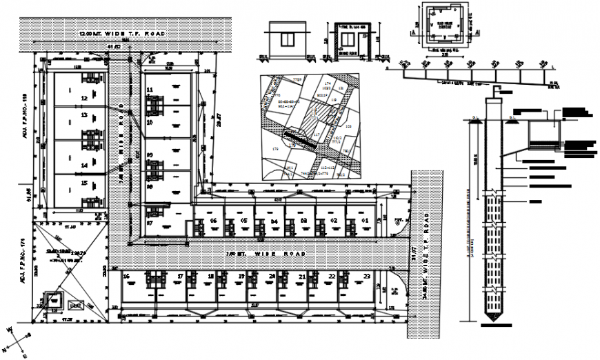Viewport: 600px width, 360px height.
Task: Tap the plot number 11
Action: click(150, 90)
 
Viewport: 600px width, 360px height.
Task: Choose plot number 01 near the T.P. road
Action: click(366, 221)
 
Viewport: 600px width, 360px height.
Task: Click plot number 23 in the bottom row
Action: click(366, 276)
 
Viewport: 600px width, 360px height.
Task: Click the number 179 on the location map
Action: click(275, 149)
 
